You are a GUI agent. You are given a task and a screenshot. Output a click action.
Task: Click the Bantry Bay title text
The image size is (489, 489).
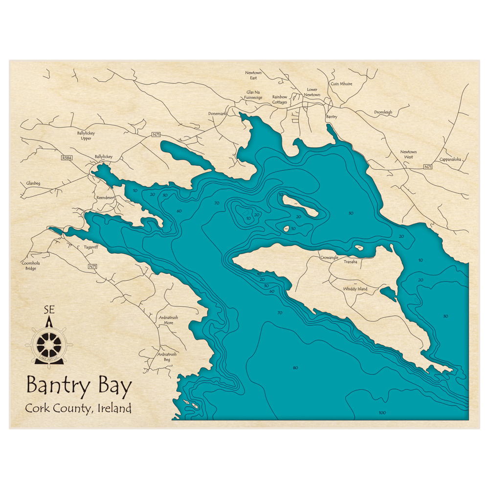click(79, 386)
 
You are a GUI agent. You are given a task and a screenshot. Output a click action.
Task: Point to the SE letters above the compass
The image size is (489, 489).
click(49, 309)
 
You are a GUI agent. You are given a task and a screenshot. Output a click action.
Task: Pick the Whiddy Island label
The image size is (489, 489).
click(355, 289)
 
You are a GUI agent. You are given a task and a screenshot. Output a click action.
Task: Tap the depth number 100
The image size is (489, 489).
click(382, 413)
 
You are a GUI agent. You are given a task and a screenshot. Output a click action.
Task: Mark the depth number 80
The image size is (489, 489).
click(295, 368)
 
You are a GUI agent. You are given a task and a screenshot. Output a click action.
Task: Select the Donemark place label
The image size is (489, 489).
click(217, 113)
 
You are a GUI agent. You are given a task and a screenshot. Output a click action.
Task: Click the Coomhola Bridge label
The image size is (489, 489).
click(31, 266)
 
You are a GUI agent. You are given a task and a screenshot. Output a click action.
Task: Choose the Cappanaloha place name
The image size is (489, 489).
click(450, 159)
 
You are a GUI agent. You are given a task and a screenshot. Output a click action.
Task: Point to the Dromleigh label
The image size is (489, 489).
click(383, 112)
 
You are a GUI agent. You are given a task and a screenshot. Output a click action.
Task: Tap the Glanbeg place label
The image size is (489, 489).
click(33, 183)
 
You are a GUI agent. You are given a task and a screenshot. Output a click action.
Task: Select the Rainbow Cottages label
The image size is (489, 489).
click(280, 99)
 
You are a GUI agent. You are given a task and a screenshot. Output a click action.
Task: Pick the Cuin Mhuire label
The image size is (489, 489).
click(341, 84)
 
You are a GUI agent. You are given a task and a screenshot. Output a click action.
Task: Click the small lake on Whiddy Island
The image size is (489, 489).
click(388, 293)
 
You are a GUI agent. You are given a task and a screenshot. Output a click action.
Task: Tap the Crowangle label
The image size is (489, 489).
click(329, 257)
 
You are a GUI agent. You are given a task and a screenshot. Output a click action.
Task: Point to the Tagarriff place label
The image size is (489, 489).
click(91, 247)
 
